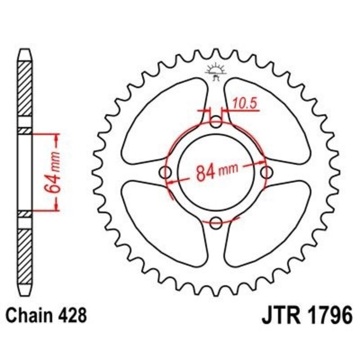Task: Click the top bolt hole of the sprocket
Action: (x=216, y=122)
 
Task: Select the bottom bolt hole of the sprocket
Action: (x=216, y=222)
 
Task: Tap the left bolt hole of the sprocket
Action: (x=166, y=172)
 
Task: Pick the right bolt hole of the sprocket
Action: (x=267, y=172)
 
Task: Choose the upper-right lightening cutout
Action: (x=265, y=119)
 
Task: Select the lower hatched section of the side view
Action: (x=25, y=252)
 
